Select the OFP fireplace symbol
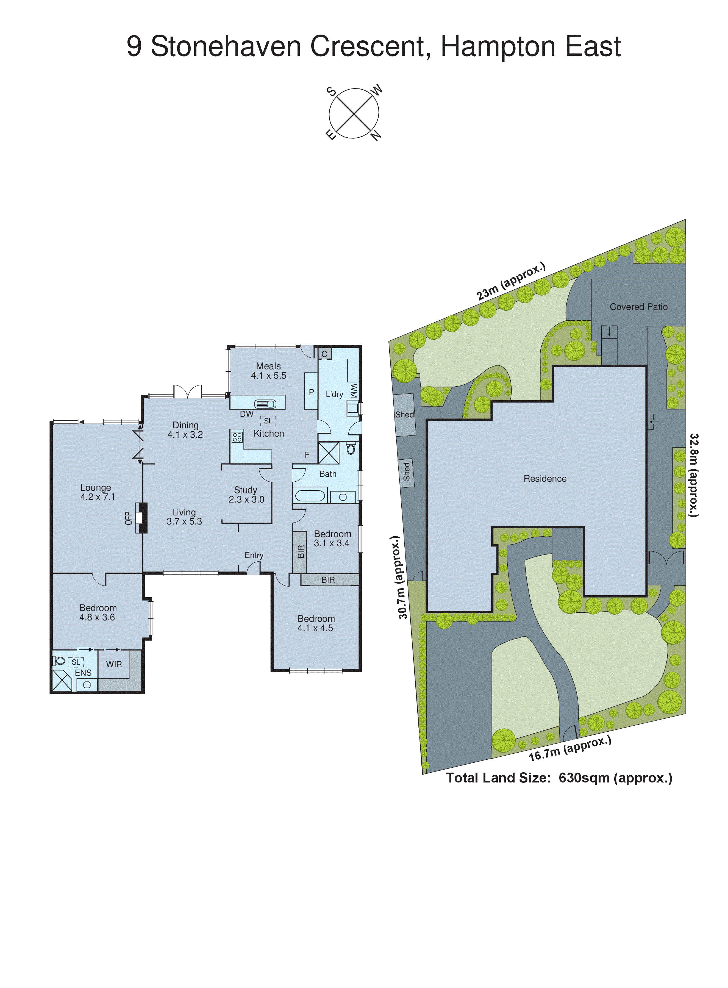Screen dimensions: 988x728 pyautogui.click(x=140, y=518)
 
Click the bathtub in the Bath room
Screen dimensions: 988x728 pyautogui.click(x=310, y=495)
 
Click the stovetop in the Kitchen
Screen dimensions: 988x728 pyautogui.click(x=237, y=437)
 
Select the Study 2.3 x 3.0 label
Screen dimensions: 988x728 pyautogui.click(x=246, y=495)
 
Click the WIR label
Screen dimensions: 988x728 pyautogui.click(x=114, y=664)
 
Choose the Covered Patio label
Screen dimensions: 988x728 pyautogui.click(x=638, y=307)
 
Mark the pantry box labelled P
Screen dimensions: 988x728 pyautogui.click(x=311, y=391)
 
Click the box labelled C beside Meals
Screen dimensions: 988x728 pyautogui.click(x=324, y=353)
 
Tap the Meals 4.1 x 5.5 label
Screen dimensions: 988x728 pyautogui.click(x=268, y=371)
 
